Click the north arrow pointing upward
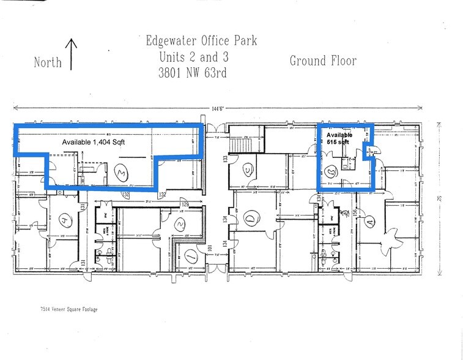72,54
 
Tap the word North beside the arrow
48,62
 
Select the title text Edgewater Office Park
201,42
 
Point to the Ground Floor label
322,61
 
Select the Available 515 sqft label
339,138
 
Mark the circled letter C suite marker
248,170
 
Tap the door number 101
208,249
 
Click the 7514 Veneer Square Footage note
65,309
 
